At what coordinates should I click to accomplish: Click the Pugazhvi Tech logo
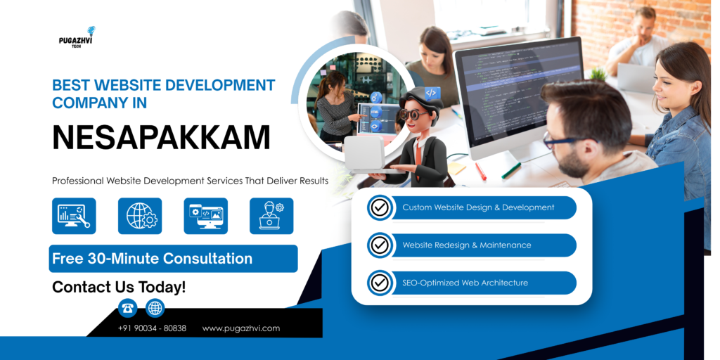pos(77,38)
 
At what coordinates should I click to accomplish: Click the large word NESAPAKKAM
pos(161,137)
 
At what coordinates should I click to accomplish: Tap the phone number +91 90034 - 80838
pos(152,328)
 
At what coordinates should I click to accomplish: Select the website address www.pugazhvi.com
pos(241,328)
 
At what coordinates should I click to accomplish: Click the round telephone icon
pos(127,307)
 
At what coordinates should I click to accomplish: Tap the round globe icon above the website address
pos(155,307)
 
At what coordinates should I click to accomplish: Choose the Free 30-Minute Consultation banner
pos(173,259)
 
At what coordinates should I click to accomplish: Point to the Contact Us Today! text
pos(119,287)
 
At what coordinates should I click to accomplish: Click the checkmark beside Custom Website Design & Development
pos(380,207)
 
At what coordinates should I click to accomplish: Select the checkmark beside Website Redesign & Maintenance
pos(380,245)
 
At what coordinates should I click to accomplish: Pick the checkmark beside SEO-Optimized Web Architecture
pos(380,283)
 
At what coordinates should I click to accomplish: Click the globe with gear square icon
pos(140,216)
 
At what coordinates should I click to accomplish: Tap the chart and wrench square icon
pos(74,216)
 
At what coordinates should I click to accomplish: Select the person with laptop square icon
pos(271,216)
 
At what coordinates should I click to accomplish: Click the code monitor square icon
pos(206,216)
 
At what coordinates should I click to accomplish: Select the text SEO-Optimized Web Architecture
pos(465,283)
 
